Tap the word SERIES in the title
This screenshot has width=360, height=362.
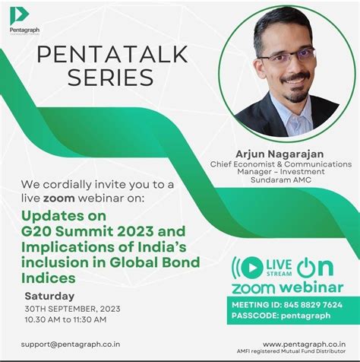(110, 78)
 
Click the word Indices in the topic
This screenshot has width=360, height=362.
(50, 278)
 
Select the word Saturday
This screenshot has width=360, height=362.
(50, 296)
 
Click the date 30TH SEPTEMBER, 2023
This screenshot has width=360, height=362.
(72, 310)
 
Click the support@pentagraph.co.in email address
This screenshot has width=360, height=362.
(70, 345)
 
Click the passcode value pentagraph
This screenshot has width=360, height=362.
(308, 314)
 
